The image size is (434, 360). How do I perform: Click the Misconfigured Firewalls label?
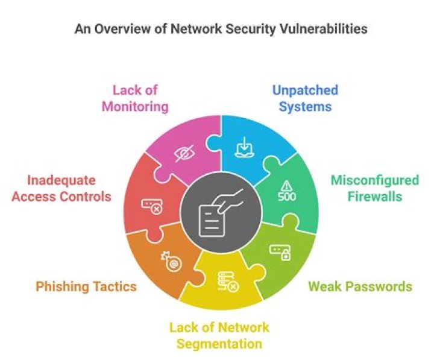pos(374,188)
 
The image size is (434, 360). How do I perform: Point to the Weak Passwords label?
pos(360,286)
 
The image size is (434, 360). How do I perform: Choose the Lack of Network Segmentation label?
pos(219,336)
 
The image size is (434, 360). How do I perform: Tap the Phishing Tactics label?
pos(86,286)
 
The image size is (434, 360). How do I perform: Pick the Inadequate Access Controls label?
pos(61,188)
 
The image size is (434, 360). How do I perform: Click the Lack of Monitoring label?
pos(134,99)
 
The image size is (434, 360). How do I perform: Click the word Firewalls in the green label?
pos(374,197)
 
